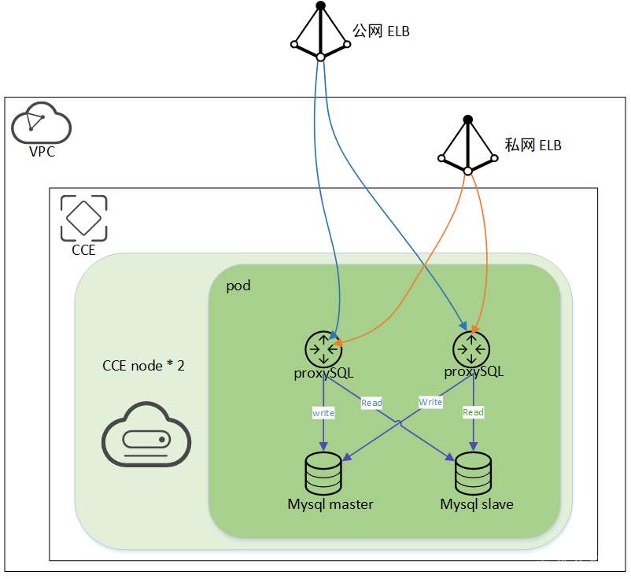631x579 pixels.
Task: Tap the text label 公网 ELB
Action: click(382, 31)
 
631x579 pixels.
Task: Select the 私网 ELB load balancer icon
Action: click(468, 146)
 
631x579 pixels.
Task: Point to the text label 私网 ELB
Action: click(533, 146)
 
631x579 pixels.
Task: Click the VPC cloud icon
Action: click(41, 123)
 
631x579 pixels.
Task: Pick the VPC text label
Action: click(42, 152)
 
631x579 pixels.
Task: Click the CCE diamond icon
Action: click(83, 218)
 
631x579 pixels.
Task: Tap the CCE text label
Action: click(83, 250)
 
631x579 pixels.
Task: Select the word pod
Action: click(238, 286)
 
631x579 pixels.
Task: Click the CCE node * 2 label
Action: click(143, 365)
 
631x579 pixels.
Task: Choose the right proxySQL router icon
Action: click(471, 349)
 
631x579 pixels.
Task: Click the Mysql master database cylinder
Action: click(323, 473)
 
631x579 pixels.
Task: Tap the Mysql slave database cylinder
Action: click(473, 473)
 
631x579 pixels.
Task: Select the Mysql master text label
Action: click(330, 504)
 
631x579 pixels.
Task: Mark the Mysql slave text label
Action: click(477, 504)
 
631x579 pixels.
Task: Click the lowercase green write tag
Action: click(323, 412)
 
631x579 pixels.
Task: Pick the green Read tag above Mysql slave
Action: click(473, 412)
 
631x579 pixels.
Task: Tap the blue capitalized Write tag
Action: click(430, 402)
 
